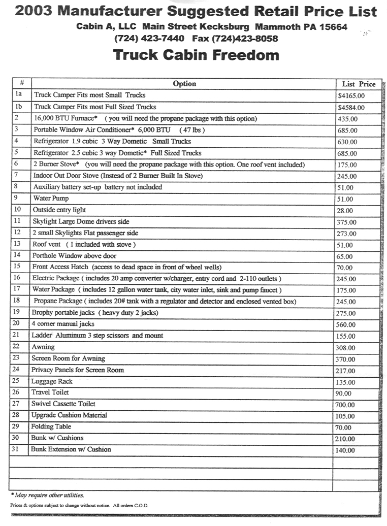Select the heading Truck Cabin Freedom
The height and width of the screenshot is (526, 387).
pyautogui.click(x=196, y=55)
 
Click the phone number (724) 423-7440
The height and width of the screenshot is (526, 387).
pyautogui.click(x=143, y=39)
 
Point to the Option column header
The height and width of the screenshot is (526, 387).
pyautogui.click(x=184, y=84)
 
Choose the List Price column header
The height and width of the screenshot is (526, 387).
pyautogui.click(x=359, y=84)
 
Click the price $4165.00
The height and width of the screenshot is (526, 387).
pyautogui.click(x=351, y=95)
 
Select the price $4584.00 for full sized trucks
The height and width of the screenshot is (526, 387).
pyautogui.click(x=351, y=108)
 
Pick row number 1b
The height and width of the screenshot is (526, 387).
pyautogui.click(x=19, y=107)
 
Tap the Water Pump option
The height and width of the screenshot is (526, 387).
pyautogui.click(x=51, y=199)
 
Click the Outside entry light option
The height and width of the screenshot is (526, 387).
pyautogui.click(x=59, y=210)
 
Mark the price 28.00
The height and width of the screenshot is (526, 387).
pyautogui.click(x=345, y=211)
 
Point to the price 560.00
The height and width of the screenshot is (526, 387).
pyautogui.click(x=346, y=325)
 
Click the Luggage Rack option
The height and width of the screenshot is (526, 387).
pyautogui.click(x=52, y=381)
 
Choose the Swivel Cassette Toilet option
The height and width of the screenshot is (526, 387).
pyautogui.click(x=63, y=404)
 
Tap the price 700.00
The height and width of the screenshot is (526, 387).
pyautogui.click(x=345, y=405)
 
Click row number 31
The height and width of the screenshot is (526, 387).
pyautogui.click(x=17, y=449)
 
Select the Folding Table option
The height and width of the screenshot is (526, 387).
pyautogui.click(x=51, y=427)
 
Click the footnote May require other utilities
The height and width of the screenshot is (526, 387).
pyautogui.click(x=48, y=495)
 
